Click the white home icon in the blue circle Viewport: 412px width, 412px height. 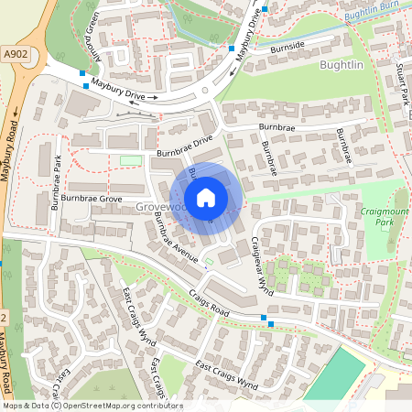click(x=206, y=198)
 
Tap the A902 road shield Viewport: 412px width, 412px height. click(x=15, y=54)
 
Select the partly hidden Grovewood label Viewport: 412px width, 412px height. click(x=156, y=208)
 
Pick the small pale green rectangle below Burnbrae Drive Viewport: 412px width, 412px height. click(x=131, y=162)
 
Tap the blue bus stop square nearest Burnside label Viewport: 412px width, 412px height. click(x=233, y=47)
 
